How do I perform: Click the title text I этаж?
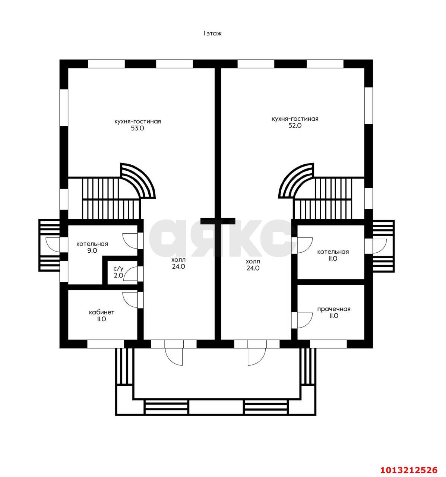point(212,34)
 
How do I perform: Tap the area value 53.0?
point(137,128)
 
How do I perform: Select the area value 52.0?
point(295,126)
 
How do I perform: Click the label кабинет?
point(101,312)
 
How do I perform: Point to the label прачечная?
point(334,309)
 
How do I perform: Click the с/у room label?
point(118,269)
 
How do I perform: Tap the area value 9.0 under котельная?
point(92,250)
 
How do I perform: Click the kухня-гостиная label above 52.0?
point(295,119)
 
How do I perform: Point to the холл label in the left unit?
point(178,260)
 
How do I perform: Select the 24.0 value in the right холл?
point(253,268)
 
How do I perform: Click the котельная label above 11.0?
point(333,252)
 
